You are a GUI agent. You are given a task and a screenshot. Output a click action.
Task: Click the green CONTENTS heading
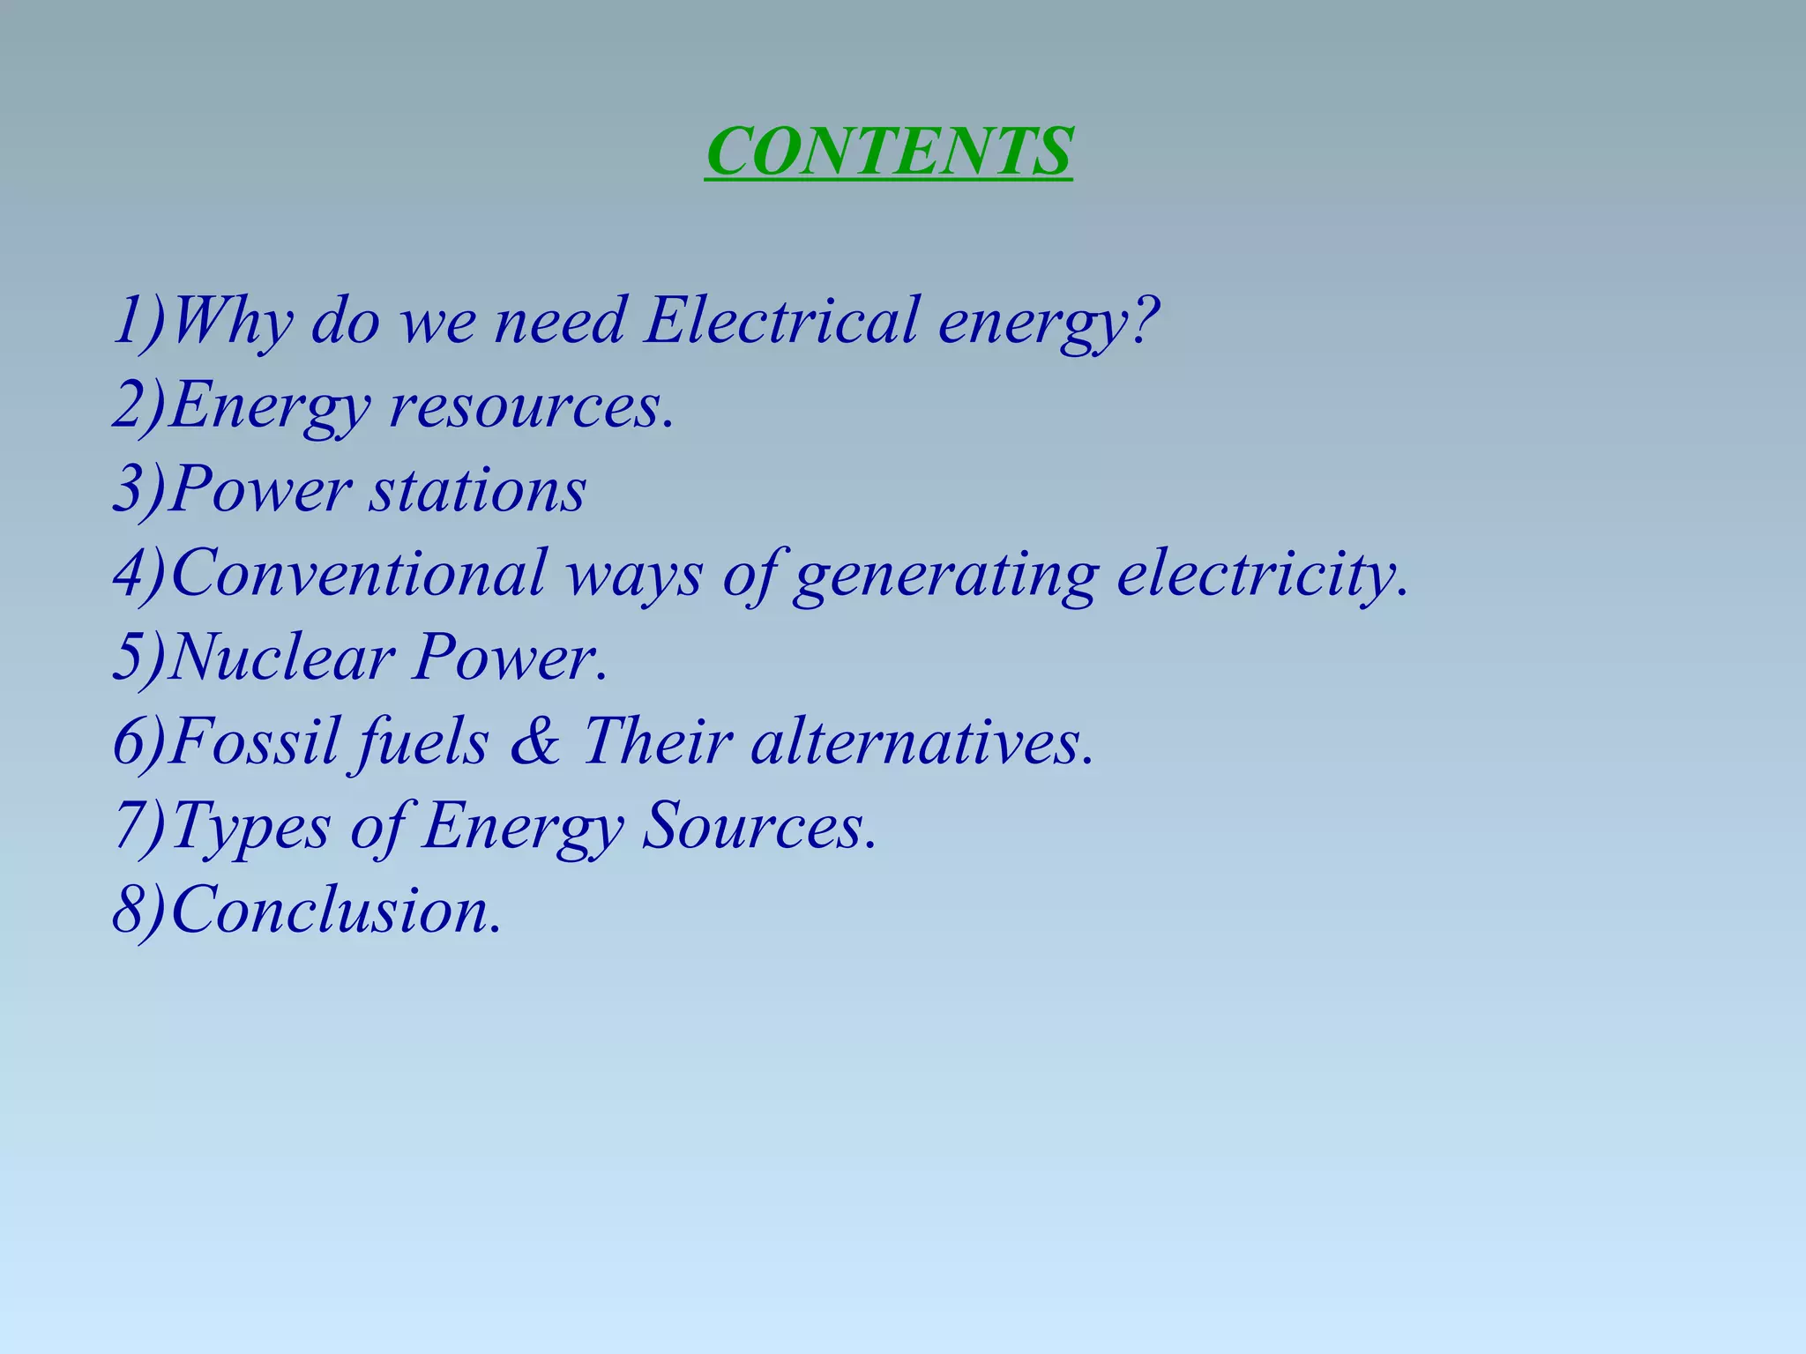pyautogui.click(x=889, y=152)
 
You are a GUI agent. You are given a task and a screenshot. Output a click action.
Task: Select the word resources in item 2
pyautogui.click(x=525, y=406)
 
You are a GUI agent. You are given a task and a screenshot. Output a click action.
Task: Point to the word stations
pyautogui.click(x=477, y=490)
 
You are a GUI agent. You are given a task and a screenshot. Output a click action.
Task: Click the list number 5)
pyautogui.click(x=139, y=658)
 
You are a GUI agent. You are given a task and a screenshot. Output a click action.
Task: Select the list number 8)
pyautogui.click(x=139, y=911)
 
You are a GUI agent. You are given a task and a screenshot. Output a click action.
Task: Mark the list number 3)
pyautogui.click(x=139, y=490)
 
